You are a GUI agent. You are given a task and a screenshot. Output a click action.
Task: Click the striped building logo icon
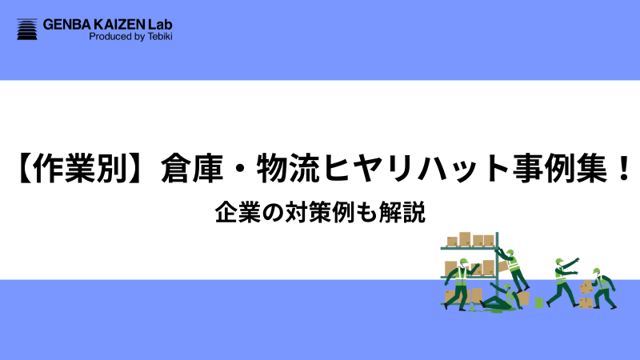click(x=27, y=30)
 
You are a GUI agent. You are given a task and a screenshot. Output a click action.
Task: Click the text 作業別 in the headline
click(x=78, y=170)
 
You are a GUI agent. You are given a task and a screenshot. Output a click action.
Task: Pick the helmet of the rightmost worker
click(x=597, y=271)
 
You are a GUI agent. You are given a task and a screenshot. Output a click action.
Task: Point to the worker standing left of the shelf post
click(x=459, y=284)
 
